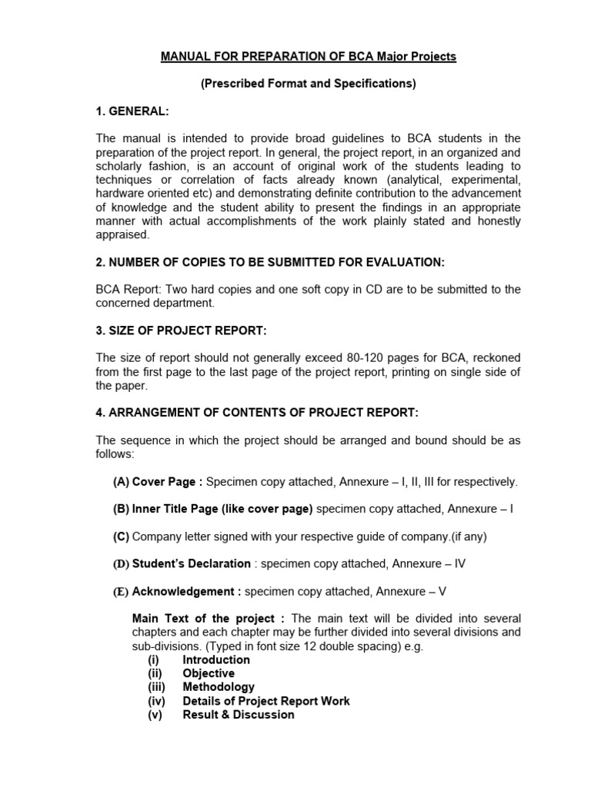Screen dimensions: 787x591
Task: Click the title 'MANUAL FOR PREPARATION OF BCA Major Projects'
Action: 308,57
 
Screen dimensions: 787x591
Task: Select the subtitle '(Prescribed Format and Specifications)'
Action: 308,84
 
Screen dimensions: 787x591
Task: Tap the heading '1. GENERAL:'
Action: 132,111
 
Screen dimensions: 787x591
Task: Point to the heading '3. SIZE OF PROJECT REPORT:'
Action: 181,330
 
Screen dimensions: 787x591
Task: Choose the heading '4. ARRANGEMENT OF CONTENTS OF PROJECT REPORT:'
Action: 257,413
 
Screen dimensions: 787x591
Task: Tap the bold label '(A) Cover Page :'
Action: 158,482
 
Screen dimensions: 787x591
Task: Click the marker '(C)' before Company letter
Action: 121,536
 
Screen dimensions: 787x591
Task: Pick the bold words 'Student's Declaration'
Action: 191,563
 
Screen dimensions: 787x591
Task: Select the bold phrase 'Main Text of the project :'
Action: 209,619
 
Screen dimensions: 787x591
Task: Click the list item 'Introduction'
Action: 216,659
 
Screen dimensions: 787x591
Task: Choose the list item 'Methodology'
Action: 219,687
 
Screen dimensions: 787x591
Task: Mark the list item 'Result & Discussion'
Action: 239,715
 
